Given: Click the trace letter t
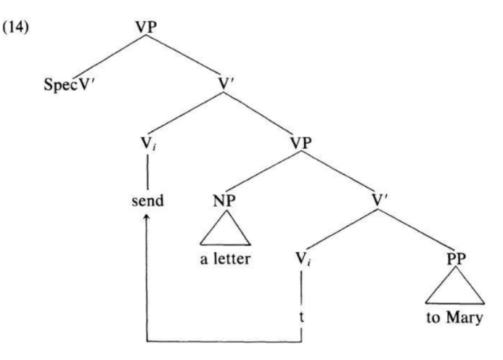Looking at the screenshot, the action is [x=302, y=317].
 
